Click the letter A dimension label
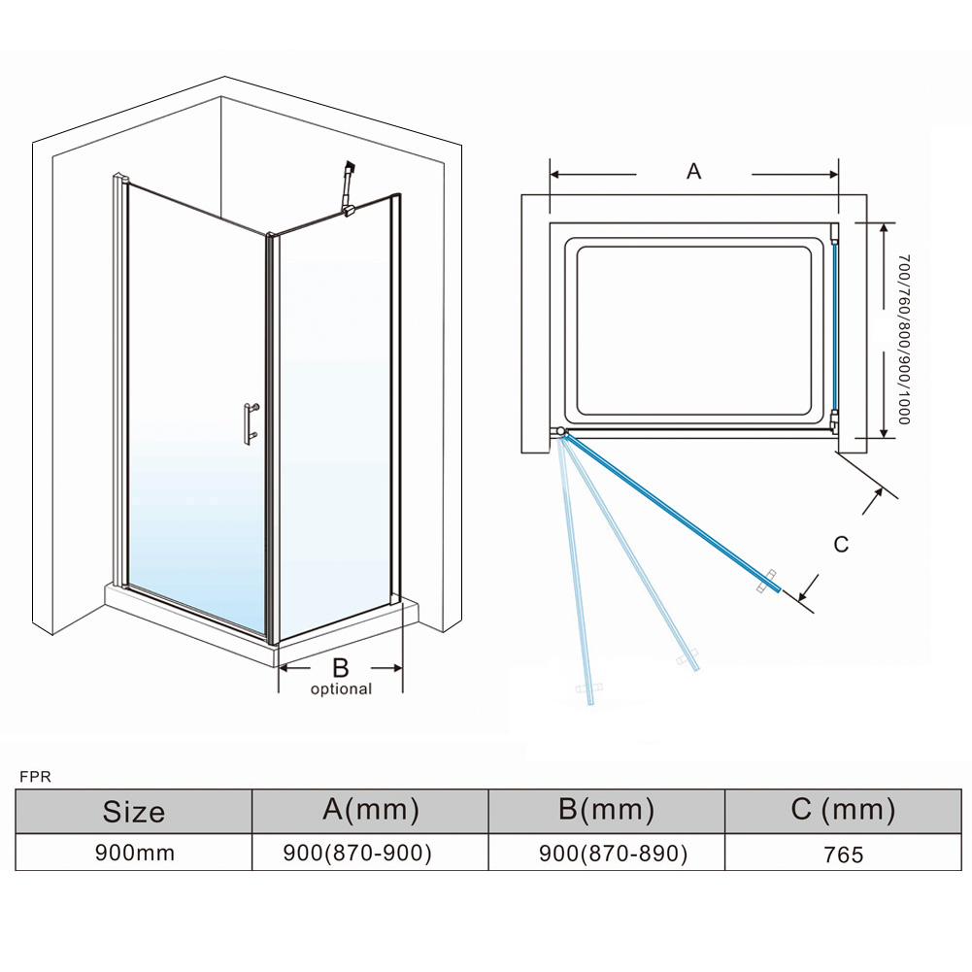[693, 172]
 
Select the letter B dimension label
[341, 667]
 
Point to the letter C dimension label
[841, 545]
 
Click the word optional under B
[341, 689]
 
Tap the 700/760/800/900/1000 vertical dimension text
[904, 340]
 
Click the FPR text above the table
[35, 777]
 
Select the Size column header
[134, 812]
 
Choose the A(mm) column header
[371, 810]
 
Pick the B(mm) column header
[607, 810]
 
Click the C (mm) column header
[843, 810]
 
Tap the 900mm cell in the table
[134, 854]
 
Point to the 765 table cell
[843, 855]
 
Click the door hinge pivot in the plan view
[560, 431]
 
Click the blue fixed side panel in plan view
[833, 330]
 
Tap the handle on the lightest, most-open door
[588, 690]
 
